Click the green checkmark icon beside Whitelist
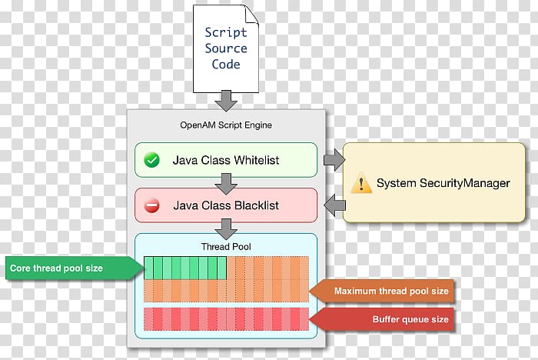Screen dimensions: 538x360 coord(151,160)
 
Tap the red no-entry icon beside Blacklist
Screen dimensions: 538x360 coord(151,205)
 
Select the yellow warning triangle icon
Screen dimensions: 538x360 coord(361,183)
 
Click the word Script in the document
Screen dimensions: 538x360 coord(226,32)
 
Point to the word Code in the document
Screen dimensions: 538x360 coord(226,64)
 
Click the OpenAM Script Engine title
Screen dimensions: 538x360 coord(226,125)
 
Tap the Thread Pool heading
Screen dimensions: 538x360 coord(226,247)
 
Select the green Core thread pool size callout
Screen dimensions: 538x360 coord(75,268)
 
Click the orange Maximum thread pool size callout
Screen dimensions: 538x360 coord(381,291)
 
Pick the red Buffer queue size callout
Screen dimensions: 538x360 coord(381,319)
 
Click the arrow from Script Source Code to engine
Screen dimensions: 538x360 coord(226,101)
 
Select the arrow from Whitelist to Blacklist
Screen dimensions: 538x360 coord(226,184)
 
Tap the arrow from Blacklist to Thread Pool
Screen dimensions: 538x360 coord(226,229)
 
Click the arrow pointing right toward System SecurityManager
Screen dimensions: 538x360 coord(334,160)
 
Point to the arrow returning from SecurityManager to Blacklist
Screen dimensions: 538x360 coord(334,205)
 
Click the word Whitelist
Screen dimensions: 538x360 coord(256,160)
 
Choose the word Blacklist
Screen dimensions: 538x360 coord(257,205)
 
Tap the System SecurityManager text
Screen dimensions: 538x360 coord(443,183)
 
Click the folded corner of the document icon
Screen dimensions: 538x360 coord(252,15)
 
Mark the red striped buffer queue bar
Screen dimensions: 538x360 coord(226,319)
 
